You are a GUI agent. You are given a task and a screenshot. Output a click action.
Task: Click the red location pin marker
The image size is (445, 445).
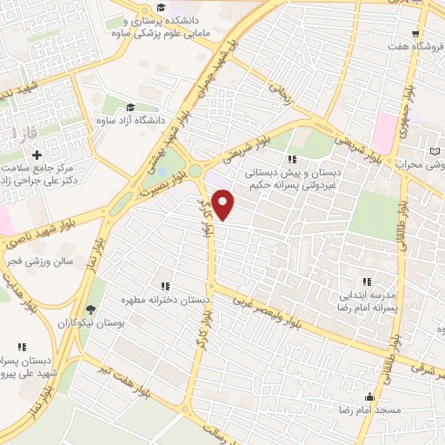pos(224,205)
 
